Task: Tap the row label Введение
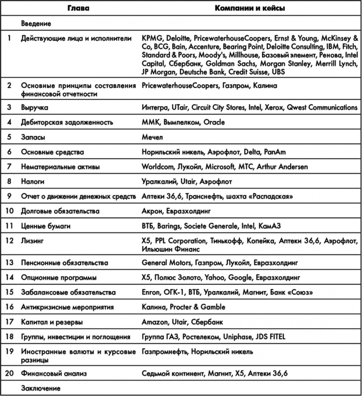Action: click(x=36, y=23)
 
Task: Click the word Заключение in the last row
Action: click(x=40, y=388)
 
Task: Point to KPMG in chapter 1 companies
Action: click(x=152, y=38)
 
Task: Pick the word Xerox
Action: click(x=273, y=108)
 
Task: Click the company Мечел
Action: click(x=153, y=137)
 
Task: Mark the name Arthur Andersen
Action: click(x=283, y=167)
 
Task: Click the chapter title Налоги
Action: click(x=33, y=182)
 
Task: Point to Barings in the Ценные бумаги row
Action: click(x=170, y=226)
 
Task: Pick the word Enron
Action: click(x=151, y=292)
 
